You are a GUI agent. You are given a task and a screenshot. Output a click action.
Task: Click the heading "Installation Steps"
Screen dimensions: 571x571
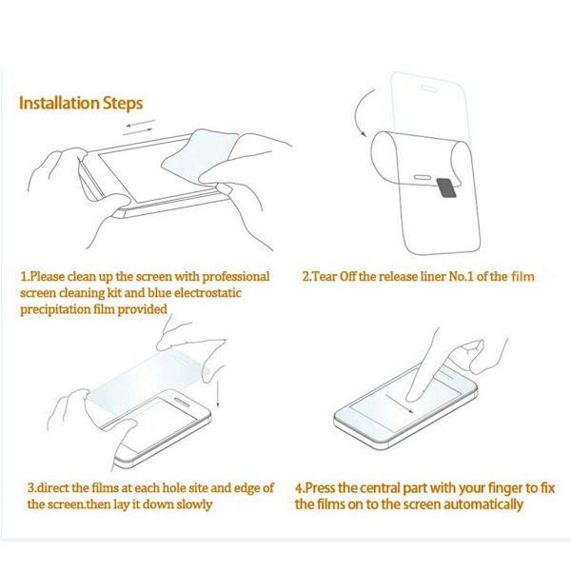tap(81, 103)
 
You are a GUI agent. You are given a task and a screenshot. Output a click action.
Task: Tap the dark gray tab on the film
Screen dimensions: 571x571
tap(446, 187)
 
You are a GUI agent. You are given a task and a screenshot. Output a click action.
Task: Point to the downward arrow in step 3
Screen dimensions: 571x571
tap(218, 394)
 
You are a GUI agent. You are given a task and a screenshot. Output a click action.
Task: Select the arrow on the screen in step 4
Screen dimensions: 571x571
tap(400, 404)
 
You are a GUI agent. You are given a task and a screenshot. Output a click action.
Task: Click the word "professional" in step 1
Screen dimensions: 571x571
tap(236, 277)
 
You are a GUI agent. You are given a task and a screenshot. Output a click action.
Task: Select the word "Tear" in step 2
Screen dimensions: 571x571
tap(325, 277)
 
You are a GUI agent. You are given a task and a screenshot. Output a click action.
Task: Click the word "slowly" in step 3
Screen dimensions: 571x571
tap(194, 504)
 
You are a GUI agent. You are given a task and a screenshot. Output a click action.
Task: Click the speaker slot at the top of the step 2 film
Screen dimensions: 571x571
tap(428, 89)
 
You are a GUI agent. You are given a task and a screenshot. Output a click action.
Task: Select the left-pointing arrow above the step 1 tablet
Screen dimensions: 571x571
tap(141, 123)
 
